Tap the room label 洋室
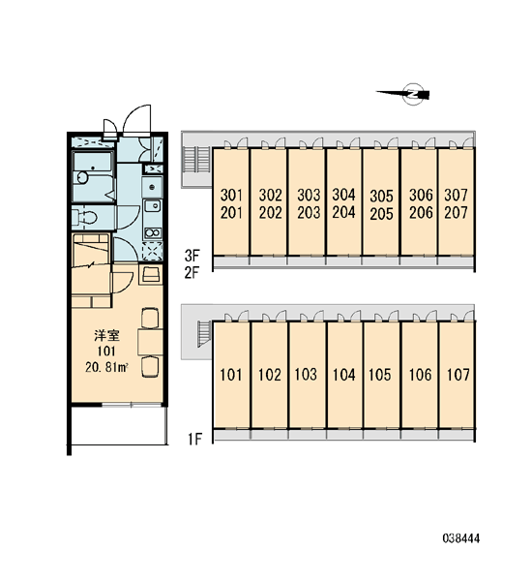[x=106, y=336]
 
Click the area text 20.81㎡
[x=106, y=367]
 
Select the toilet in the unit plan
[x=84, y=217]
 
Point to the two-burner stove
[x=153, y=232]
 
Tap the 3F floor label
[x=192, y=256]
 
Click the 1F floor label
[x=194, y=439]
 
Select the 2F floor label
[x=192, y=273]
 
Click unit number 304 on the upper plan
[x=343, y=195]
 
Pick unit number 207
[x=457, y=213]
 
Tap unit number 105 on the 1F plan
[x=380, y=375]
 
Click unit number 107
[x=458, y=375]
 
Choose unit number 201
[x=231, y=213]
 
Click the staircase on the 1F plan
[x=205, y=334]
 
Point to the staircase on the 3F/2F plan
[x=196, y=160]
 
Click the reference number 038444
[x=461, y=538]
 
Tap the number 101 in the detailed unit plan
[x=106, y=351]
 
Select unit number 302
[x=271, y=195]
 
